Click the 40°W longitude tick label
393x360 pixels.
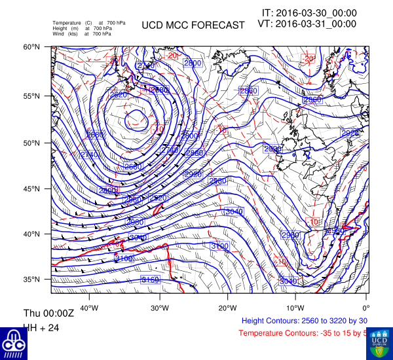tap(89, 308)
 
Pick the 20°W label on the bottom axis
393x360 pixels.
tap(227, 308)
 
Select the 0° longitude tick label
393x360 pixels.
tap(366, 308)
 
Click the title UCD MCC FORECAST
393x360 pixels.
tap(193, 26)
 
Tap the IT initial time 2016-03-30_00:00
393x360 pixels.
tap(309, 12)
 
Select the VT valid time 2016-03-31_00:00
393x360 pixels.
tap(307, 24)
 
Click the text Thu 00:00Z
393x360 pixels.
tap(49, 313)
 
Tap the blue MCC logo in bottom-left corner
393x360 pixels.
tap(13, 343)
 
